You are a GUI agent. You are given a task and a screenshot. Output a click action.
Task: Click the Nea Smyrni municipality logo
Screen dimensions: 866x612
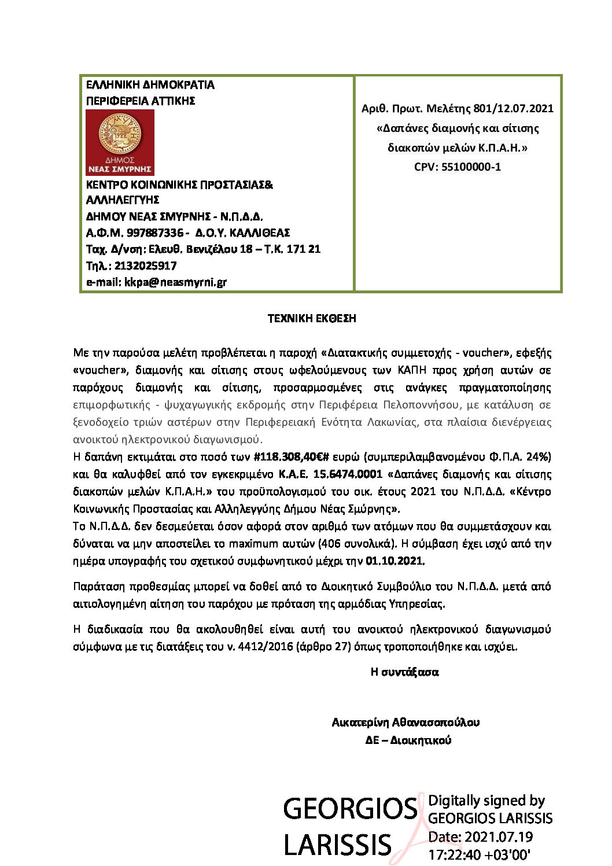coord(120,142)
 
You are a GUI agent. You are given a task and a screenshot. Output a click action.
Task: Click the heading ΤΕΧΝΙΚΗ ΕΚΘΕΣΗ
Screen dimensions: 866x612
coord(312,319)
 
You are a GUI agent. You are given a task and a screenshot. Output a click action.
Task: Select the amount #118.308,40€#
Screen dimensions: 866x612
coord(296,457)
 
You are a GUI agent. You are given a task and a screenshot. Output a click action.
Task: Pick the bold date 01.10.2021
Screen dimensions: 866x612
coord(395,561)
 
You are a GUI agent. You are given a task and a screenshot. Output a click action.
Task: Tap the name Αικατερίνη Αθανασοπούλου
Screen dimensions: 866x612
coord(405,723)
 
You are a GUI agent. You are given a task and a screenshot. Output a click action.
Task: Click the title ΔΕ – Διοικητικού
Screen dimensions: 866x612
coord(408,740)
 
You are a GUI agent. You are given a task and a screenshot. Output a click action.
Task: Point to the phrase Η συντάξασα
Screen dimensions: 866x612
coord(404,672)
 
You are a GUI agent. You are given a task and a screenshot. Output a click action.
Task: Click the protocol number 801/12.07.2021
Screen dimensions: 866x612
coord(513,108)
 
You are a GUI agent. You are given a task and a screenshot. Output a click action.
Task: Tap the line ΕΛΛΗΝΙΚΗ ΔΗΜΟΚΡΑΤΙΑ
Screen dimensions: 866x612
coord(150,85)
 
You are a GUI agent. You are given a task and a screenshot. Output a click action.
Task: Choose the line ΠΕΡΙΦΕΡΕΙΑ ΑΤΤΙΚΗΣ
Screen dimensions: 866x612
coord(141,101)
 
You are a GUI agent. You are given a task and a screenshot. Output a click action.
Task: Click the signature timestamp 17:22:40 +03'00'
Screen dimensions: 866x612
coord(479,854)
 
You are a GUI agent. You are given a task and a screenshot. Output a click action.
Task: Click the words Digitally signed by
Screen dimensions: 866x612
coord(486,801)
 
